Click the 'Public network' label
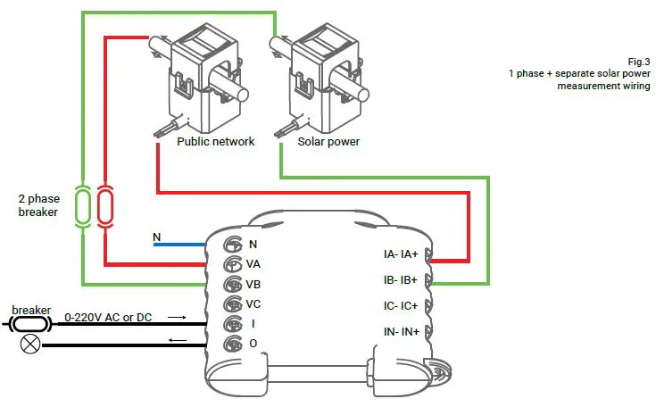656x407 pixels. [215, 141]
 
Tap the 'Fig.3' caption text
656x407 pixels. [638, 60]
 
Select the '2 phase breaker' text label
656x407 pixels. [37, 205]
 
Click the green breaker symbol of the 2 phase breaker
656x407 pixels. [83, 205]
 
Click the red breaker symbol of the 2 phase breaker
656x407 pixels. [104, 205]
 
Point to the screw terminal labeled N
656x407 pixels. [230, 244]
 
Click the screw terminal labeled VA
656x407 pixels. [230, 264]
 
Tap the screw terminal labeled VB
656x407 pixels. [230, 285]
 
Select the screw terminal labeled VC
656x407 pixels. [230, 304]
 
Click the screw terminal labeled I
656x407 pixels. [230, 324]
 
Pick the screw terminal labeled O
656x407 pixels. [230, 345]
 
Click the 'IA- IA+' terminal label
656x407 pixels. [401, 254]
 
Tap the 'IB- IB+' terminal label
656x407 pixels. [401, 280]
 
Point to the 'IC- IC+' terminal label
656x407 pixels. [401, 306]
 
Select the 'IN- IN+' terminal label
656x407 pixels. [401, 331]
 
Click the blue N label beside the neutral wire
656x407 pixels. [157, 237]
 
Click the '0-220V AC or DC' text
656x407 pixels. [107, 317]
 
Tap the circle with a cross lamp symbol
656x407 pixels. [30, 344]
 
